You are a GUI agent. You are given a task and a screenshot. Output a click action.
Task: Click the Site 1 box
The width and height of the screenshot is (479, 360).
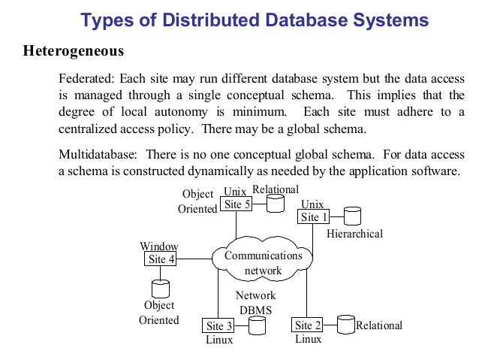click(x=315, y=217)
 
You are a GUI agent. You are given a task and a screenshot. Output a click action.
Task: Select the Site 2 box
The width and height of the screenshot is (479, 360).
click(x=308, y=325)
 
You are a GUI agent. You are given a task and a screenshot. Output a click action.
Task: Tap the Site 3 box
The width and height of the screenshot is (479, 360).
click(x=219, y=326)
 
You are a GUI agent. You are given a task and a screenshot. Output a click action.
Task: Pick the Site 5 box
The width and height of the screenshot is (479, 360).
click(x=236, y=204)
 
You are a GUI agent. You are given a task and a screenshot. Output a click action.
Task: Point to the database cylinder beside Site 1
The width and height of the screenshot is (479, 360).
click(x=352, y=216)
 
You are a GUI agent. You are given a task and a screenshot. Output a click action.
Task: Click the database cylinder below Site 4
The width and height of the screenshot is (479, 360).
click(x=160, y=288)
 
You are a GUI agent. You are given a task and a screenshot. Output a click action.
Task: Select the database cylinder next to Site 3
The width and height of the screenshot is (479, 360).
click(x=257, y=325)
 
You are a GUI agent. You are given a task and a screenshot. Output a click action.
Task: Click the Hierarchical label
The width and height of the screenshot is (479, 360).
click(x=354, y=234)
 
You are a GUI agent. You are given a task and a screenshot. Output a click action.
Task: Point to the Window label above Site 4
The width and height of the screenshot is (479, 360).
click(x=159, y=247)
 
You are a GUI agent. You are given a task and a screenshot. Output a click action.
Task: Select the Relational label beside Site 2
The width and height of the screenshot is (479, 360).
click(x=379, y=325)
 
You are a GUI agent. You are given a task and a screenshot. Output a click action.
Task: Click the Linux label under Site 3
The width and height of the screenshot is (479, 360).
click(x=219, y=340)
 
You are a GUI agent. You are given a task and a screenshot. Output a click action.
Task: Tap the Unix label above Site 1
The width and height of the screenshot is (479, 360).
click(x=312, y=204)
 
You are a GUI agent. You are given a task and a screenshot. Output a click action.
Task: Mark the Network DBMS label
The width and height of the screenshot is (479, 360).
click(x=255, y=302)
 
